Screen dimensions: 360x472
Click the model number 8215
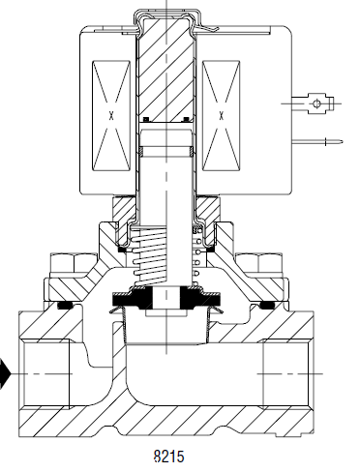(169, 457)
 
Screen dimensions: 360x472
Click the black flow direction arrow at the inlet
(5, 373)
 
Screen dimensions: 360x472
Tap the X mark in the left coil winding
(111, 115)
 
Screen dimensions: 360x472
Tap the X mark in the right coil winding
(222, 115)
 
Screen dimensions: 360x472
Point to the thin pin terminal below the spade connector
(317, 141)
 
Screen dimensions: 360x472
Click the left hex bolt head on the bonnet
(74, 262)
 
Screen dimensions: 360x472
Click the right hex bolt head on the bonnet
(258, 262)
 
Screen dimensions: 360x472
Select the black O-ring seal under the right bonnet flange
(267, 305)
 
